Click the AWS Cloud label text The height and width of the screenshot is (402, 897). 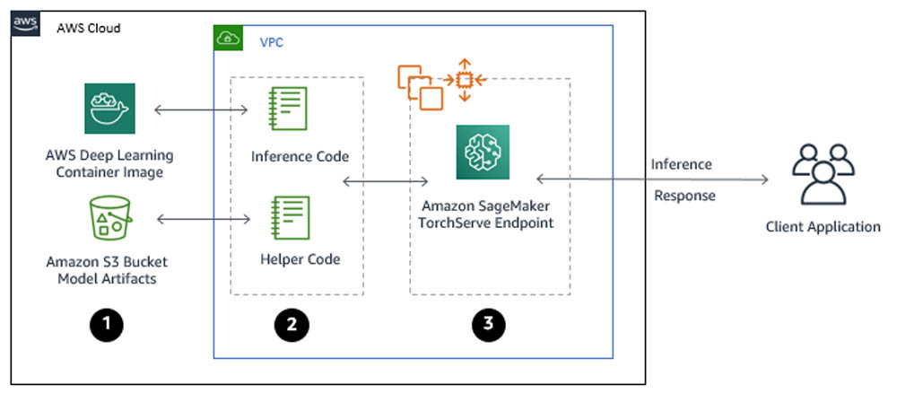(x=88, y=28)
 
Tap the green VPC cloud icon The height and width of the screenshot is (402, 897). (x=228, y=39)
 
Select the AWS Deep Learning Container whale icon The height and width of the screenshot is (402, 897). (x=109, y=109)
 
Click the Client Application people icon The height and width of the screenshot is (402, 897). (x=823, y=174)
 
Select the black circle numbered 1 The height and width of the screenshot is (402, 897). (x=109, y=324)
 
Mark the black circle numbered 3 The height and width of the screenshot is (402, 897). (x=488, y=325)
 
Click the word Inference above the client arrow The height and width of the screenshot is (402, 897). (x=681, y=164)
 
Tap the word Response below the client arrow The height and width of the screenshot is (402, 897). (x=684, y=196)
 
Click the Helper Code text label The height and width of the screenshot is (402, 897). (x=300, y=260)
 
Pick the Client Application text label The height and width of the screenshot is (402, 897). (x=823, y=227)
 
